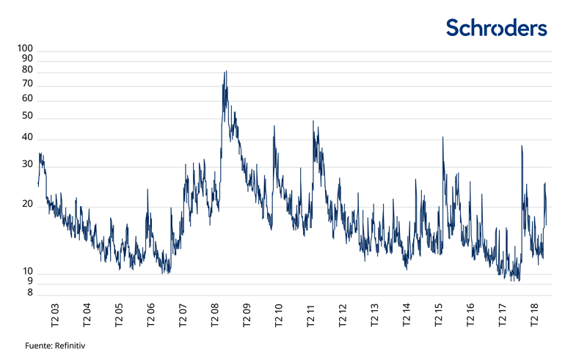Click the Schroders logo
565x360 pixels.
click(x=497, y=28)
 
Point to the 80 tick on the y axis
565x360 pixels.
click(x=27, y=70)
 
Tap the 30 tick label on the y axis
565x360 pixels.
click(x=27, y=164)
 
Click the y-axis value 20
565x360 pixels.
click(x=27, y=205)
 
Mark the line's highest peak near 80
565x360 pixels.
click(x=225, y=72)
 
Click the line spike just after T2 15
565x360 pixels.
click(x=443, y=137)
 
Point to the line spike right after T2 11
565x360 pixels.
click(x=313, y=122)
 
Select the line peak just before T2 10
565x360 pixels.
click(x=274, y=126)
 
